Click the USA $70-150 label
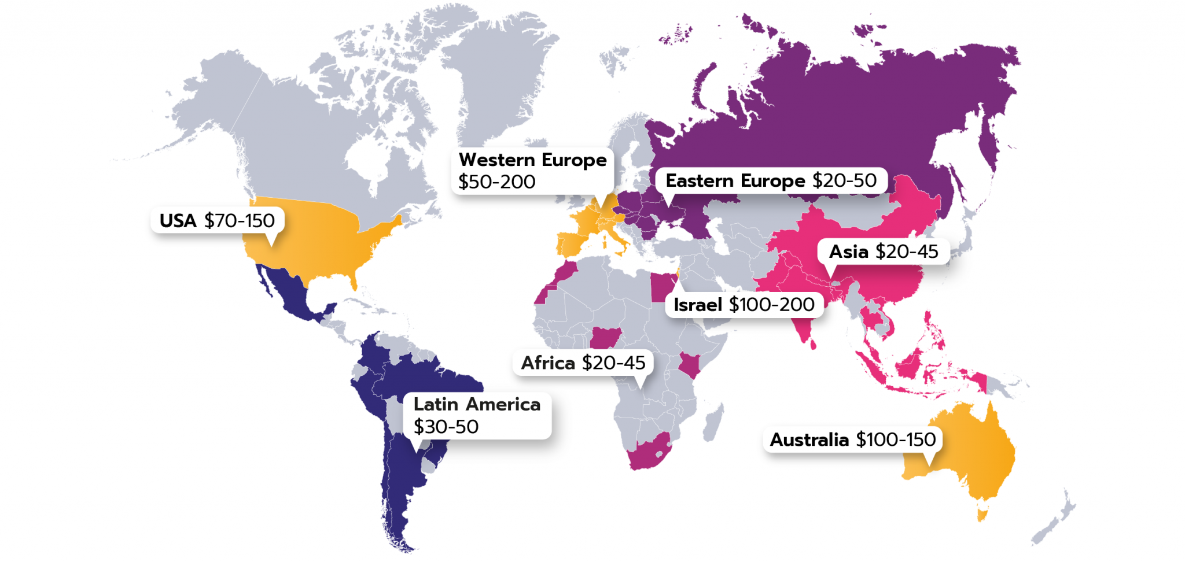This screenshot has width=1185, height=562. [217, 220]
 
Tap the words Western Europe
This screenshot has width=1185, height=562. [532, 160]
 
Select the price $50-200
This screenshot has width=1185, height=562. [496, 182]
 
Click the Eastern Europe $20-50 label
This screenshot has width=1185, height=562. [771, 180]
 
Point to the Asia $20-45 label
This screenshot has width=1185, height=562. [883, 252]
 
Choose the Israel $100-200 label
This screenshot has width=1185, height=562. [744, 305]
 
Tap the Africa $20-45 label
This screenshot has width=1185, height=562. [583, 363]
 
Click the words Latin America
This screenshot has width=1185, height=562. [477, 404]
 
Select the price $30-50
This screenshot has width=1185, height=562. [446, 427]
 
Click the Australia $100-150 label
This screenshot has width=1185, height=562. [852, 439]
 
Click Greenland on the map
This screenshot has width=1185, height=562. [498, 69]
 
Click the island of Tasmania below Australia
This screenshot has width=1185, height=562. [981, 514]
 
